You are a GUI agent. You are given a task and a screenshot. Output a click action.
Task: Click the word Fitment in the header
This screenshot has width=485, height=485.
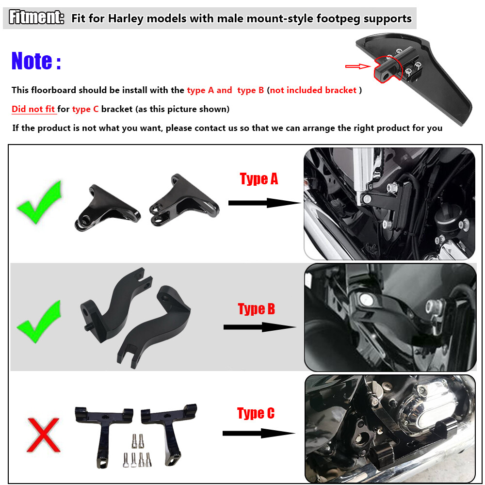point(36,18)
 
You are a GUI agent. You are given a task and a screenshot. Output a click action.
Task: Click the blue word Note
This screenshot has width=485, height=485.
point(36,61)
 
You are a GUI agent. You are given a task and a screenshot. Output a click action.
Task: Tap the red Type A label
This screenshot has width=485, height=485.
point(259,179)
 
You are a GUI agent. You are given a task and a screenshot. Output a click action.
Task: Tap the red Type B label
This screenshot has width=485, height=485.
point(256,309)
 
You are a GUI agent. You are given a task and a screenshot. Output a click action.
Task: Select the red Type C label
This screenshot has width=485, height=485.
point(256,413)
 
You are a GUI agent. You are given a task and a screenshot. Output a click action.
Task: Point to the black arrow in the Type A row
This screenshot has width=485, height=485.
point(264,202)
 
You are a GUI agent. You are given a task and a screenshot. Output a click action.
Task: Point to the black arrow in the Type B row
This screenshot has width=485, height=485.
point(259,327)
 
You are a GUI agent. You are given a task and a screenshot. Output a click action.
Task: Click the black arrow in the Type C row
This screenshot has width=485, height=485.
point(259,433)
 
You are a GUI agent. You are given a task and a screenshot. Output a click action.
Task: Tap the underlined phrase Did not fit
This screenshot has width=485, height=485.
point(33,109)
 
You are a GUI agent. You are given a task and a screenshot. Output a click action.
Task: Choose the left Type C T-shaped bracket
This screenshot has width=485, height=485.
point(104,432)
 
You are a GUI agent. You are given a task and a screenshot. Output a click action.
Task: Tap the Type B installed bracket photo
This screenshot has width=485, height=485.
point(390,317)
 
